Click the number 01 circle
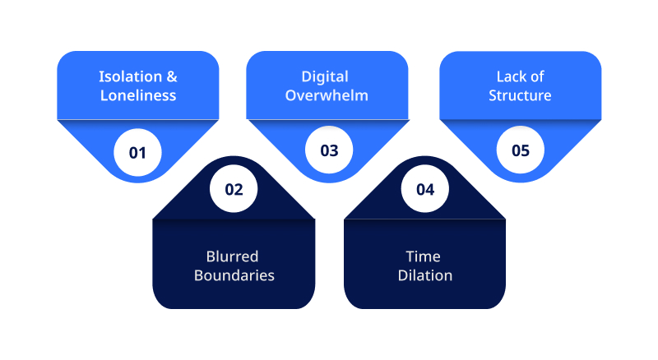point(137,152)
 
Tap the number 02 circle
point(234,189)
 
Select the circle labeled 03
point(329,150)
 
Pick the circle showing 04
point(425,189)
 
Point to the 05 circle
point(521,150)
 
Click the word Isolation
point(131,76)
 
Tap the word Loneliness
point(138,95)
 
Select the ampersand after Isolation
point(172,76)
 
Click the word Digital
point(325,77)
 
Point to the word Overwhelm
point(327,95)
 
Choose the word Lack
point(507,76)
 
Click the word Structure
point(520,95)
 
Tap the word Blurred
point(232,256)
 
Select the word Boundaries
point(234,275)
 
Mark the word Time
point(423,256)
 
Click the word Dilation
point(425,275)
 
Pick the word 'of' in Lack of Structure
point(537,76)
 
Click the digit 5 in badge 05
point(526,150)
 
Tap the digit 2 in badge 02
point(239,190)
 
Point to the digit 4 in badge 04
point(430,190)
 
